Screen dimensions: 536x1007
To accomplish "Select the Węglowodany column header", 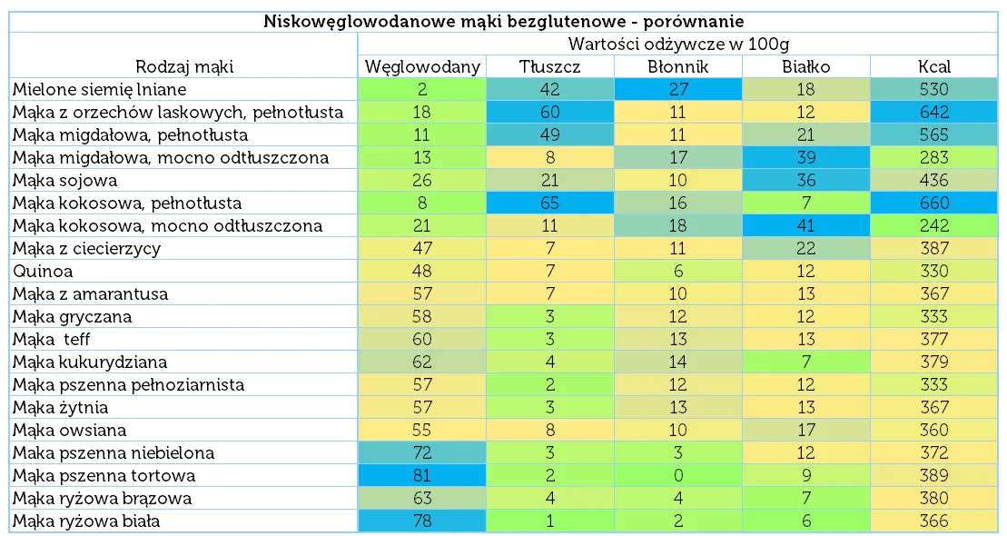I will (x=422, y=66).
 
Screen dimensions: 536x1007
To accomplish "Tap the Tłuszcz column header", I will (x=550, y=66).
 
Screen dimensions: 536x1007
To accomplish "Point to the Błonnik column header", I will (x=678, y=66).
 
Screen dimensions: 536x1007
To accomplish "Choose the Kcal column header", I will (x=933, y=66).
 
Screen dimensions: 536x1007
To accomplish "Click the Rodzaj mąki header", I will (x=184, y=66).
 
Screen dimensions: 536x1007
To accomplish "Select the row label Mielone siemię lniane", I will (x=100, y=89).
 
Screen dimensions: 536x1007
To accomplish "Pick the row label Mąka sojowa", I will (x=65, y=180).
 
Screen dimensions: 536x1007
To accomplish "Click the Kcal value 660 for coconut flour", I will (x=933, y=203).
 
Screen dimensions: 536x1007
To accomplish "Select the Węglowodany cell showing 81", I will (x=422, y=475).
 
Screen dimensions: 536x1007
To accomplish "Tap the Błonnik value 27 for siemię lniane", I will (x=678, y=89).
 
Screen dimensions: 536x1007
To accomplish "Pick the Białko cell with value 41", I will (x=806, y=225).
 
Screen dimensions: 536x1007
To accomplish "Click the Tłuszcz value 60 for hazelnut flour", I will (x=550, y=112).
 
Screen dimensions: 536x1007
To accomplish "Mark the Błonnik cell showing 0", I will (x=678, y=475).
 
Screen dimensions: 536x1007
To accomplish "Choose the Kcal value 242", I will (x=933, y=225).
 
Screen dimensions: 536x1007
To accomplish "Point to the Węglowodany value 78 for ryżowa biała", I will (x=422, y=521).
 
